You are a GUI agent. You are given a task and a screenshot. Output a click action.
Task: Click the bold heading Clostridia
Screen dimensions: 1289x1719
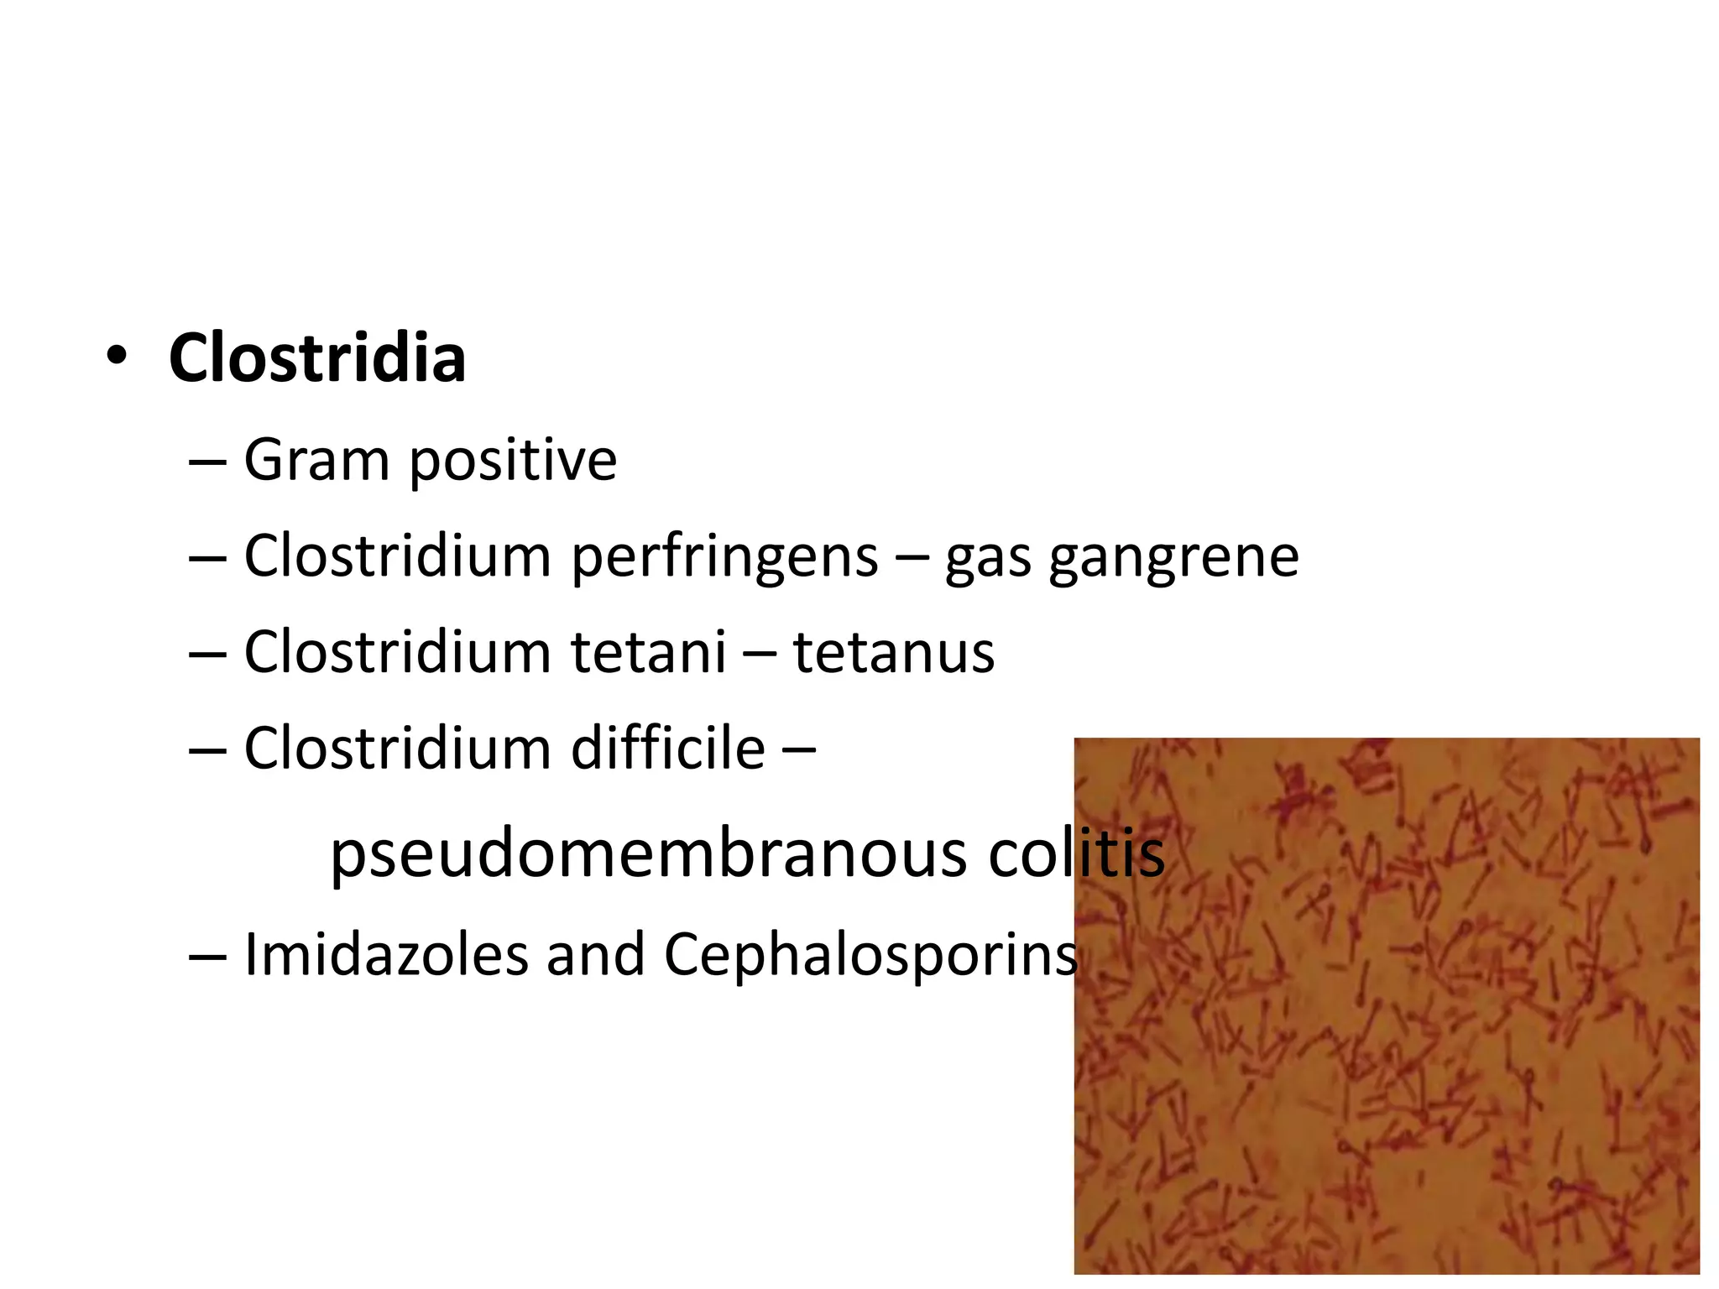click(x=316, y=358)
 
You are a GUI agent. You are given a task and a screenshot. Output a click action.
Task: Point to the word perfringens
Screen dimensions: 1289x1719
click(x=724, y=556)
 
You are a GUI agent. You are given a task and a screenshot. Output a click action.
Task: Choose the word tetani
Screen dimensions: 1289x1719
click(x=649, y=652)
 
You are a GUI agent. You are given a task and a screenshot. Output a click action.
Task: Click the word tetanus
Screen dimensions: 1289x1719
click(x=894, y=652)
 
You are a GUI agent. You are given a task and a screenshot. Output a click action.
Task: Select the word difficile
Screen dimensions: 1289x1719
click(x=668, y=748)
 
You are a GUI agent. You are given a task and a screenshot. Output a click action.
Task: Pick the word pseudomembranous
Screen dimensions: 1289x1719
click(x=649, y=853)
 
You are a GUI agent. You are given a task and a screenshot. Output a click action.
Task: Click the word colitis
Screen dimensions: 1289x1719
click(x=1077, y=853)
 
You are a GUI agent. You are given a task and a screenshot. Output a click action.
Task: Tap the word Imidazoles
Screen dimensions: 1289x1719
click(x=385, y=955)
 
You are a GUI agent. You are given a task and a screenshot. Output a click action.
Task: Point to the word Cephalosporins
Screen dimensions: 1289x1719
click(x=870, y=955)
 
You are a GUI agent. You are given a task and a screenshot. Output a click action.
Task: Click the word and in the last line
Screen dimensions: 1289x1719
click(x=595, y=955)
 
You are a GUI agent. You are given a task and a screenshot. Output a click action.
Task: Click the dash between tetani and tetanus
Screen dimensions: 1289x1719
click(x=760, y=654)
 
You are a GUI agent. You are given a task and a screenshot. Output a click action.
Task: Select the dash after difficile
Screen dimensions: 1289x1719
click(x=797, y=749)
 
